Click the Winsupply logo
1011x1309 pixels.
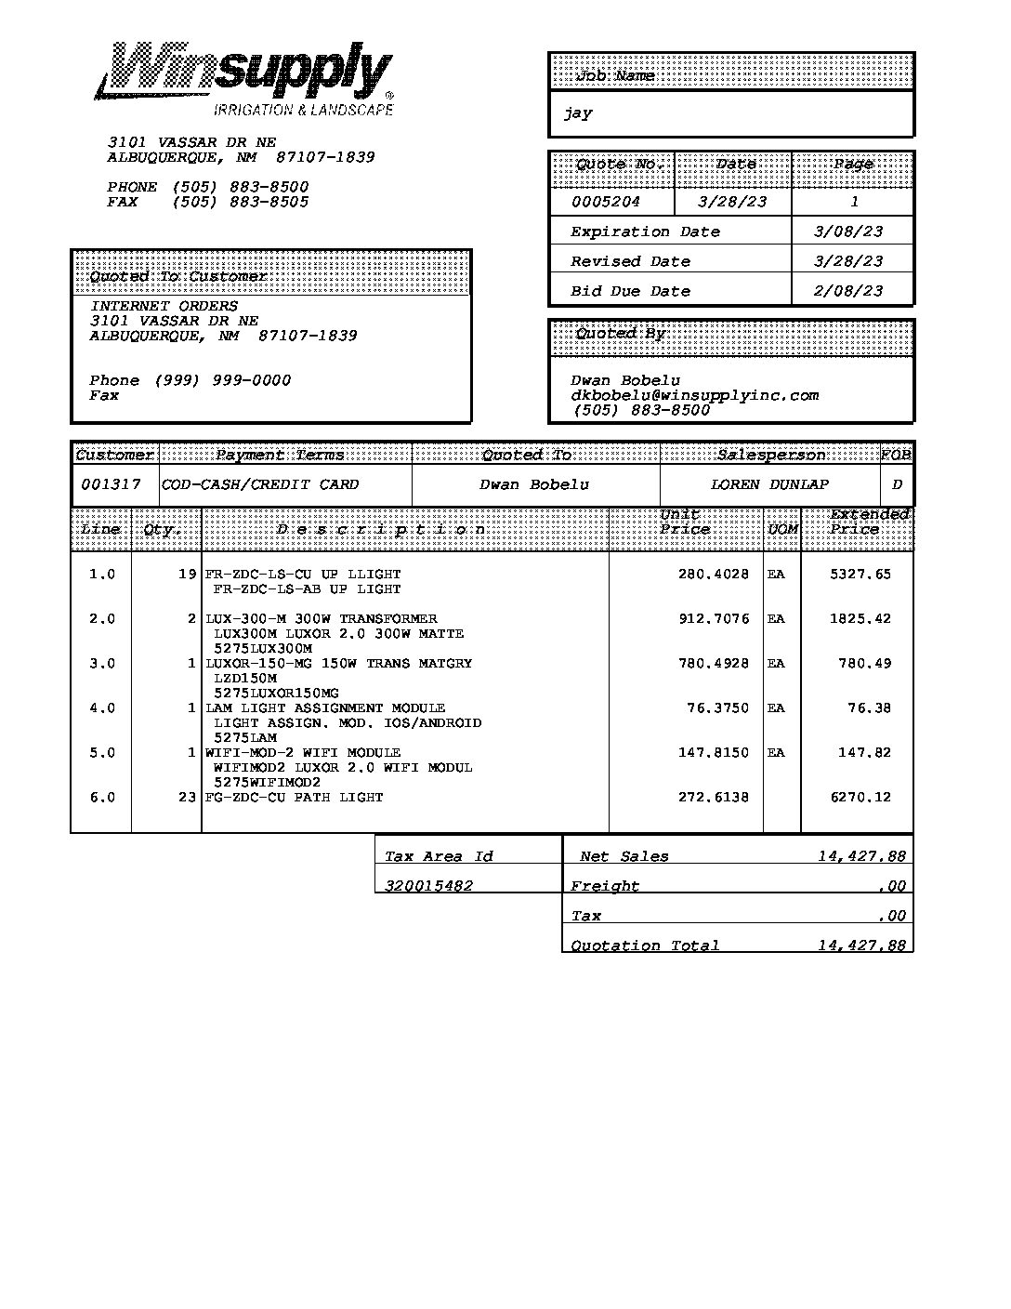click(244, 78)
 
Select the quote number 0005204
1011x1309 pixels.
click(605, 202)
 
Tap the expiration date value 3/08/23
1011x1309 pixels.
click(847, 231)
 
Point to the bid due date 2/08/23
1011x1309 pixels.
click(847, 291)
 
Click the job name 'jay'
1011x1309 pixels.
click(577, 113)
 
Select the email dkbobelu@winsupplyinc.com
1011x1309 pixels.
click(694, 395)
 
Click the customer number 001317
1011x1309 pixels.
click(111, 484)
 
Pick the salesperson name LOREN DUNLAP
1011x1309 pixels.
click(769, 484)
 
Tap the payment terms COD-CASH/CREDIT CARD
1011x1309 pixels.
click(260, 484)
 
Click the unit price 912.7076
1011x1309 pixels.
click(713, 619)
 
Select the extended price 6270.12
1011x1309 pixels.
click(860, 798)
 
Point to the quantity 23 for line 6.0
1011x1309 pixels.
click(187, 798)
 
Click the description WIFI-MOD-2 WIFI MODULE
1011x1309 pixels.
click(303, 753)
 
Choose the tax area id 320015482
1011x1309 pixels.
click(428, 886)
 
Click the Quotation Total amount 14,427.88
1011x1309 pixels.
click(860, 945)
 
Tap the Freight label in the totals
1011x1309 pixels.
click(604, 886)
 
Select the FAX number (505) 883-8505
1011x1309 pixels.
click(240, 202)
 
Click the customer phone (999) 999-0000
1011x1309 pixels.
click(222, 380)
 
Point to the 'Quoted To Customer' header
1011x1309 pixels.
click(177, 277)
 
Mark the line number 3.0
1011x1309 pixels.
click(102, 664)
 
